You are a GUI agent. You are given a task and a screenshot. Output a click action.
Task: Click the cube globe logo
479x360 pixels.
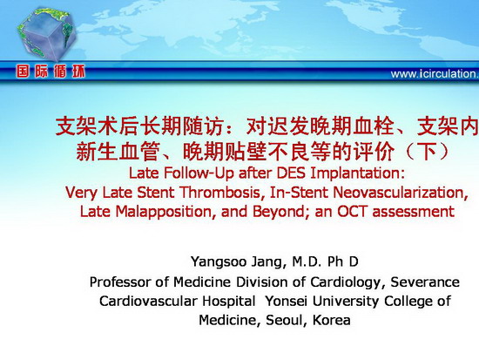[x=46, y=33]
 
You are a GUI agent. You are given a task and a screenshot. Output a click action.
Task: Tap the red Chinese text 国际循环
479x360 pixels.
[x=51, y=71]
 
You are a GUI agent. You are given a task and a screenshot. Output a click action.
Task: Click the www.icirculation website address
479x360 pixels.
[x=435, y=74]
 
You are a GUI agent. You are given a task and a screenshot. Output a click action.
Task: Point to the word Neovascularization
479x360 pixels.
[x=401, y=193]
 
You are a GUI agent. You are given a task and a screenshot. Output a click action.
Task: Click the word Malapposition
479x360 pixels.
[x=164, y=212]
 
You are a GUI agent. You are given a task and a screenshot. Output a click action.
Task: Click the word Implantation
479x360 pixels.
[x=357, y=173]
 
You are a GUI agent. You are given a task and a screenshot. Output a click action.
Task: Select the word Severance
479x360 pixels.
[x=425, y=282]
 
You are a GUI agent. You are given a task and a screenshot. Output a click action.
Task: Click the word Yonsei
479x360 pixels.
[x=286, y=301]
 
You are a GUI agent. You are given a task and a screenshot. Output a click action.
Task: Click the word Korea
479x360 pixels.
[x=332, y=320]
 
